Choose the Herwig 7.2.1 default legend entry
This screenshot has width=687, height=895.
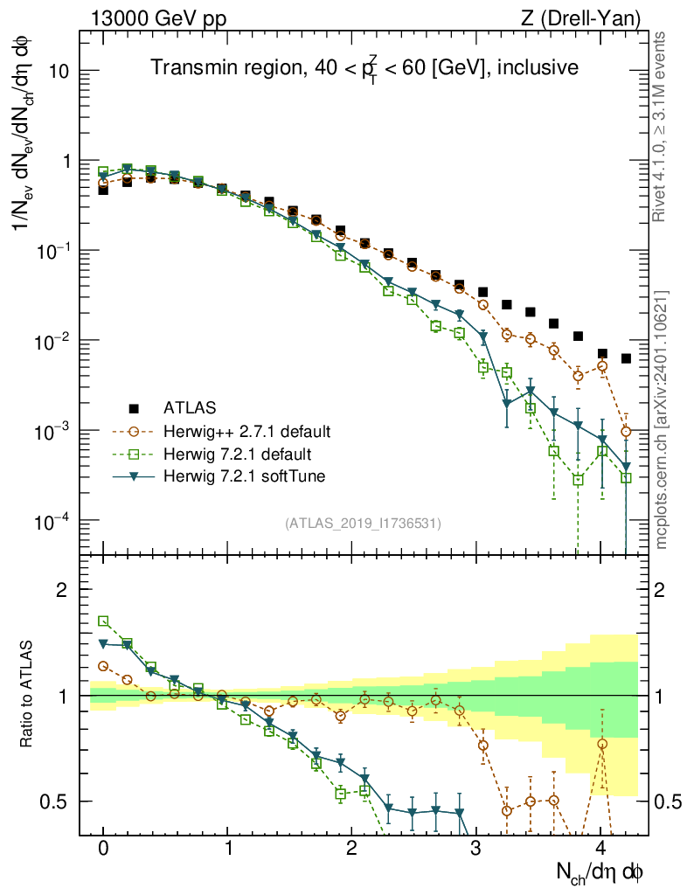238,454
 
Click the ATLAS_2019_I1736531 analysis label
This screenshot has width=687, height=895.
363,524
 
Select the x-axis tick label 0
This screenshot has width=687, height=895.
103,849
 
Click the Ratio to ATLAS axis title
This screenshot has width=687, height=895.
29,696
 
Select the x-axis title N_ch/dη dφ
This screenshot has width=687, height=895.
600,872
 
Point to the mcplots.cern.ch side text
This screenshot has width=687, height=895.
662,420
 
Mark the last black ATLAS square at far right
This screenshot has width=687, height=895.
626,358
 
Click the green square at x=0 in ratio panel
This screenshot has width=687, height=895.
103,621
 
